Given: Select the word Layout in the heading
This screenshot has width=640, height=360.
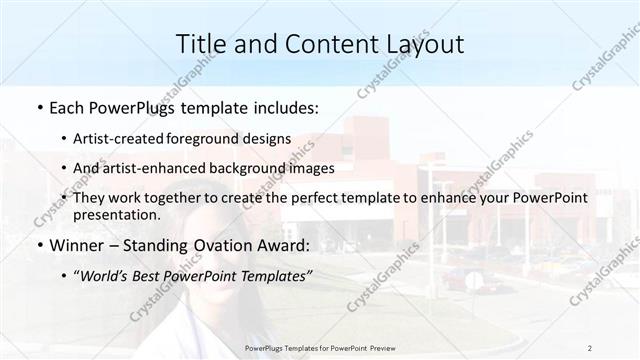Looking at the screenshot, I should pos(421,44).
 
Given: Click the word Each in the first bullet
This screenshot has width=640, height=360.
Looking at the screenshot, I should pos(70,106).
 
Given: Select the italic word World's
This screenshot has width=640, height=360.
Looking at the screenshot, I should pos(106,276).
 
